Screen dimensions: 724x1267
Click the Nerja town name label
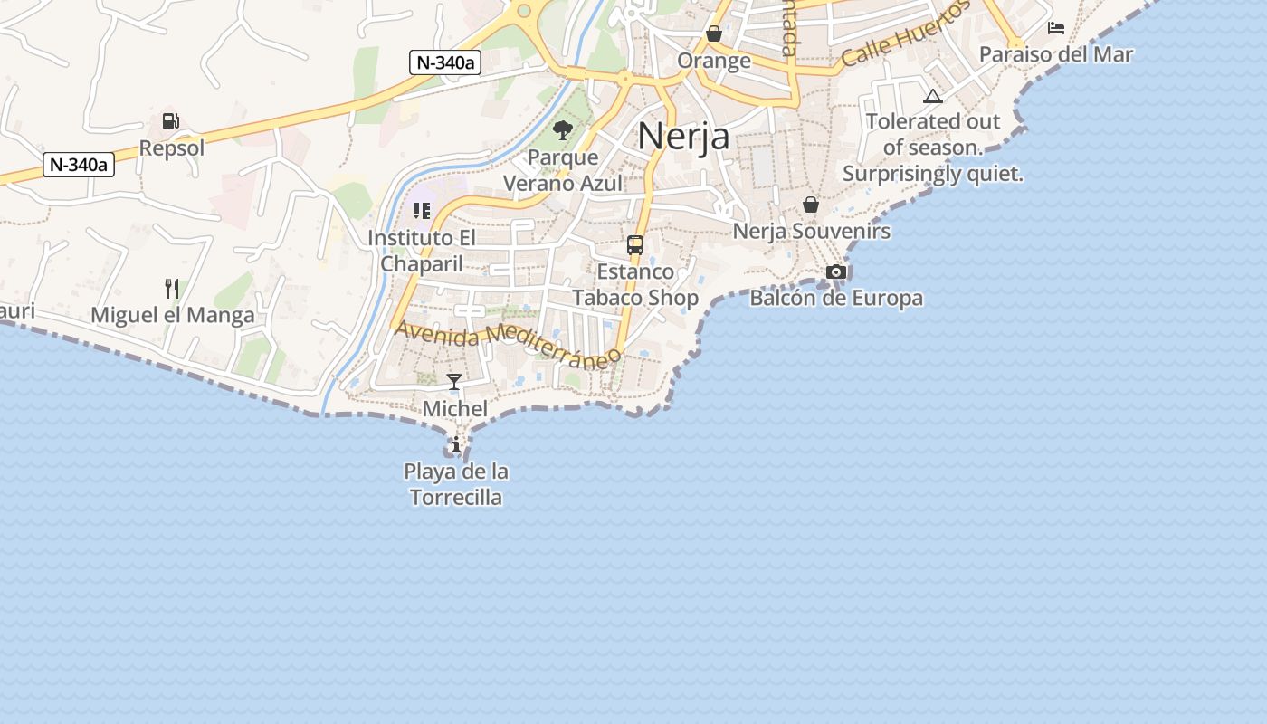[x=683, y=136]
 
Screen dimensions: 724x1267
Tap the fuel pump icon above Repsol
[x=170, y=121]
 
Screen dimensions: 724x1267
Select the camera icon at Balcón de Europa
[x=836, y=271]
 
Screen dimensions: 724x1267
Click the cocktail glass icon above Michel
[x=454, y=382]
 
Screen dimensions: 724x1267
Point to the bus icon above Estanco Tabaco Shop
[x=635, y=244]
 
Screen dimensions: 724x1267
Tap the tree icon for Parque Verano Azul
[x=563, y=130]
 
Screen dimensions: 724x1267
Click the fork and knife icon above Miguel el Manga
[x=172, y=289]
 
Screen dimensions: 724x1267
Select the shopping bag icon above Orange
[x=714, y=34]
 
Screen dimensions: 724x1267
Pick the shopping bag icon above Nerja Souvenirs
[x=811, y=205]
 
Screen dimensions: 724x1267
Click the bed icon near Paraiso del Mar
[x=1056, y=28]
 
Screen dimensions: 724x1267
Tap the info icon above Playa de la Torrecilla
[x=456, y=444]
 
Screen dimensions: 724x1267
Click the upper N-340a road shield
[x=443, y=62]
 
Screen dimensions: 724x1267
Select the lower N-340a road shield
[x=79, y=165]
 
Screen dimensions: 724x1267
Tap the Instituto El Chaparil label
[x=422, y=251]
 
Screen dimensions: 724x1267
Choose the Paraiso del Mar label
[x=1056, y=54]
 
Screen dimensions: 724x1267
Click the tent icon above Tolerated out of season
[x=933, y=97]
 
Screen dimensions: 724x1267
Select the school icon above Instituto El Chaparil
[x=421, y=211]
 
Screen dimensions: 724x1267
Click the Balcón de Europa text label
[x=836, y=298]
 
